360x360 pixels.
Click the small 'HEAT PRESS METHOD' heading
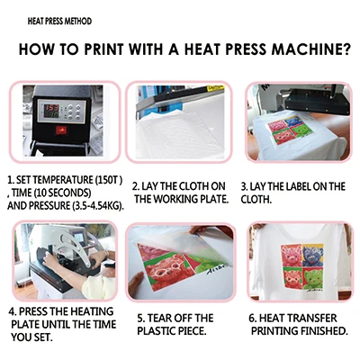coord(59,22)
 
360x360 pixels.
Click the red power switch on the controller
coord(61,130)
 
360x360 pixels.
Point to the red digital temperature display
coord(51,107)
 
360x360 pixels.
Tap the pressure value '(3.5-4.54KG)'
coord(97,206)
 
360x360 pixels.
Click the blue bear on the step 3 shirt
coord(292,121)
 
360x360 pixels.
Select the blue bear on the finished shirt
coord(313,256)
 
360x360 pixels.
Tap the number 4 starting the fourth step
coord(12,311)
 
